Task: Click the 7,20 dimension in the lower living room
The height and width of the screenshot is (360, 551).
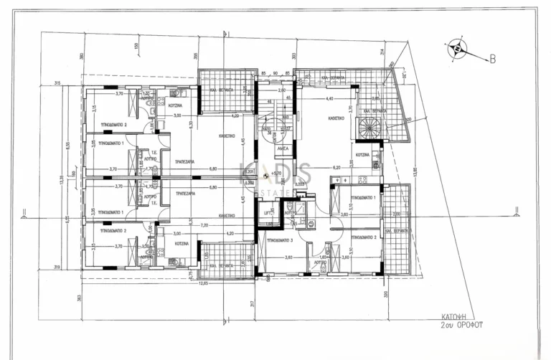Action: click(204, 225)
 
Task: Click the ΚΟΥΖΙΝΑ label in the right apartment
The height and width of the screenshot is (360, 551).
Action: click(362, 155)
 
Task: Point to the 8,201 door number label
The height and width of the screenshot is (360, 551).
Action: click(249, 172)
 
